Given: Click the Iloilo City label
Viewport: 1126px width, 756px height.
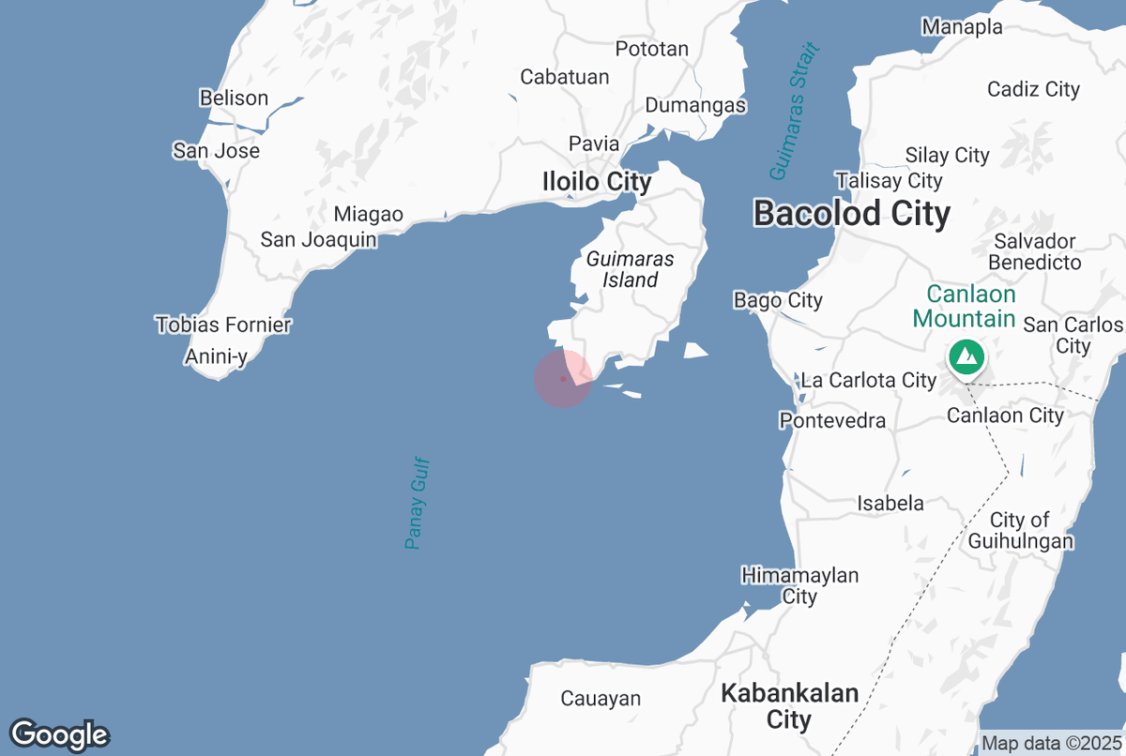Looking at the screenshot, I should click(x=597, y=181).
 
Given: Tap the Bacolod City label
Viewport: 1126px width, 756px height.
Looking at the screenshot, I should click(x=852, y=213).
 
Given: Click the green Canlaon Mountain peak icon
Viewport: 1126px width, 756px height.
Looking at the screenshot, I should click(x=965, y=357).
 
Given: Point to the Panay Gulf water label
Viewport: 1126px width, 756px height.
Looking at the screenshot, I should click(x=418, y=503).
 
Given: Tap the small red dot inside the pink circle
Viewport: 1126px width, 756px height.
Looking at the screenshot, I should click(x=562, y=379).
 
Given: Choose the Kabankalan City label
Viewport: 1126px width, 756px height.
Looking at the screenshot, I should click(x=789, y=706).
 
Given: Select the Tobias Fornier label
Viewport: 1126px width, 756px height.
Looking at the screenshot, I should click(x=223, y=325).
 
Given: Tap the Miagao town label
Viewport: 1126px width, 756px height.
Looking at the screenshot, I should click(x=369, y=215).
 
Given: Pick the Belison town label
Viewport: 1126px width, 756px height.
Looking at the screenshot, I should click(x=234, y=98).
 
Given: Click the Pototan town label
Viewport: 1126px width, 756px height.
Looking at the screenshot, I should click(x=652, y=49).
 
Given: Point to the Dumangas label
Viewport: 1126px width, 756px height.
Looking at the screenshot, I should click(x=695, y=105).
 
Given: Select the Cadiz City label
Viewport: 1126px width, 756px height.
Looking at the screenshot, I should click(x=1033, y=89).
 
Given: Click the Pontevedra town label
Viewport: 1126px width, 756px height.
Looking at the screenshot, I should click(x=832, y=420).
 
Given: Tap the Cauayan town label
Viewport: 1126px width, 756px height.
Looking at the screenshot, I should click(x=601, y=698).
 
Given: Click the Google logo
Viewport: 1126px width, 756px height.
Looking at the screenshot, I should click(x=59, y=734).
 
